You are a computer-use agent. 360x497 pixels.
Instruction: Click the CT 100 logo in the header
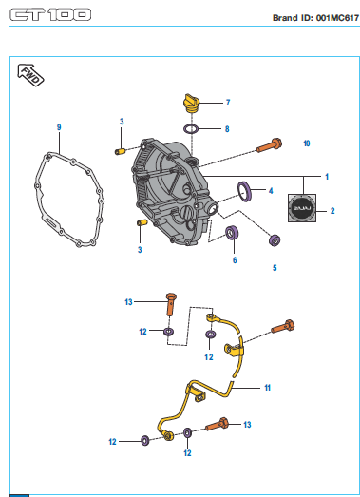50,15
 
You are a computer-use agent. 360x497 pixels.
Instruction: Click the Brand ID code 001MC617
337,18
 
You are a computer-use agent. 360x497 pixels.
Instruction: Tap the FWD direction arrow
30,75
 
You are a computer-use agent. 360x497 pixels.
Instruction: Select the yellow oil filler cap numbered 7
191,104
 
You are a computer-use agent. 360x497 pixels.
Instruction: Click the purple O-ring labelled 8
191,129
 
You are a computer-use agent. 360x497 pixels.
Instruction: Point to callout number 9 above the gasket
59,127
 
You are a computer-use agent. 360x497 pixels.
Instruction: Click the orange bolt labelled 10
269,145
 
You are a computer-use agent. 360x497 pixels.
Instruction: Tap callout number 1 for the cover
327,177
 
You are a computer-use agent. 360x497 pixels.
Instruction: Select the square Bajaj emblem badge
302,208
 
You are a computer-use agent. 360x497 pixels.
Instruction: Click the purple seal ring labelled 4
245,191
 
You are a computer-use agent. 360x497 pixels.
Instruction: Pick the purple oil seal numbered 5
275,239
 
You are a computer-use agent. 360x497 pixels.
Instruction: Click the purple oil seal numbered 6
233,233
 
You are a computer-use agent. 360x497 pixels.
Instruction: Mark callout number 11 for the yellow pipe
268,388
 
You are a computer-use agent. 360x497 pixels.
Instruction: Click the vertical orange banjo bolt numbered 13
171,304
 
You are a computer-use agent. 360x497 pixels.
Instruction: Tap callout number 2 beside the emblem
332,211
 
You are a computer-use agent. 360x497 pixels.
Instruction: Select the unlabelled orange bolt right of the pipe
283,327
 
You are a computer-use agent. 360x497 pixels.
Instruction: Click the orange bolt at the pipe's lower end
218,424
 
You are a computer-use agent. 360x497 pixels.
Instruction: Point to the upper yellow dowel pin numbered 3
119,151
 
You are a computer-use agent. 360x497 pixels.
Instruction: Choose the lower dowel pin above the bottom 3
142,222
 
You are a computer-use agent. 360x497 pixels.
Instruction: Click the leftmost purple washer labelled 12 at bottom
144,441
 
